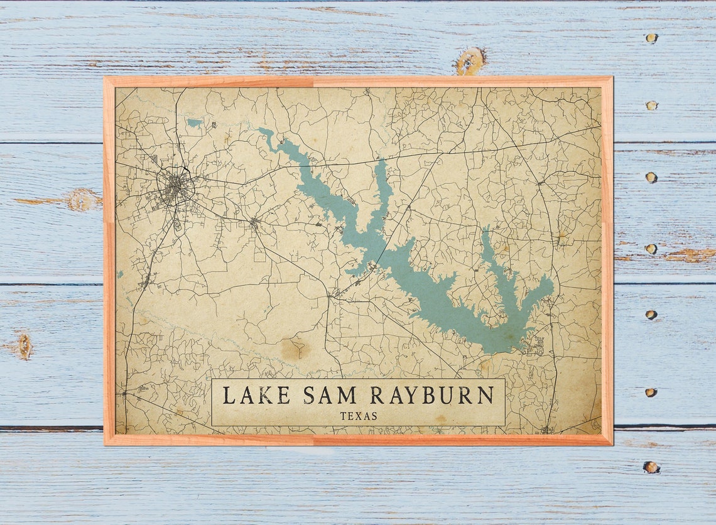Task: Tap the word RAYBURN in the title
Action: (431, 396)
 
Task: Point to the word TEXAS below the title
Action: (359, 416)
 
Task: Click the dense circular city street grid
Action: (175, 187)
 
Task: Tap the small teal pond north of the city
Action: (195, 122)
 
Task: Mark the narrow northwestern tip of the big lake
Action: (263, 132)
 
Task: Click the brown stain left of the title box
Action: (293, 349)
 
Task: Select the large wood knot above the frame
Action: (470, 61)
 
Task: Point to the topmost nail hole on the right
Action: (651, 38)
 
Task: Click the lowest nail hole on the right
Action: (651, 467)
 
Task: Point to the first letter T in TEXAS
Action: (343, 416)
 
